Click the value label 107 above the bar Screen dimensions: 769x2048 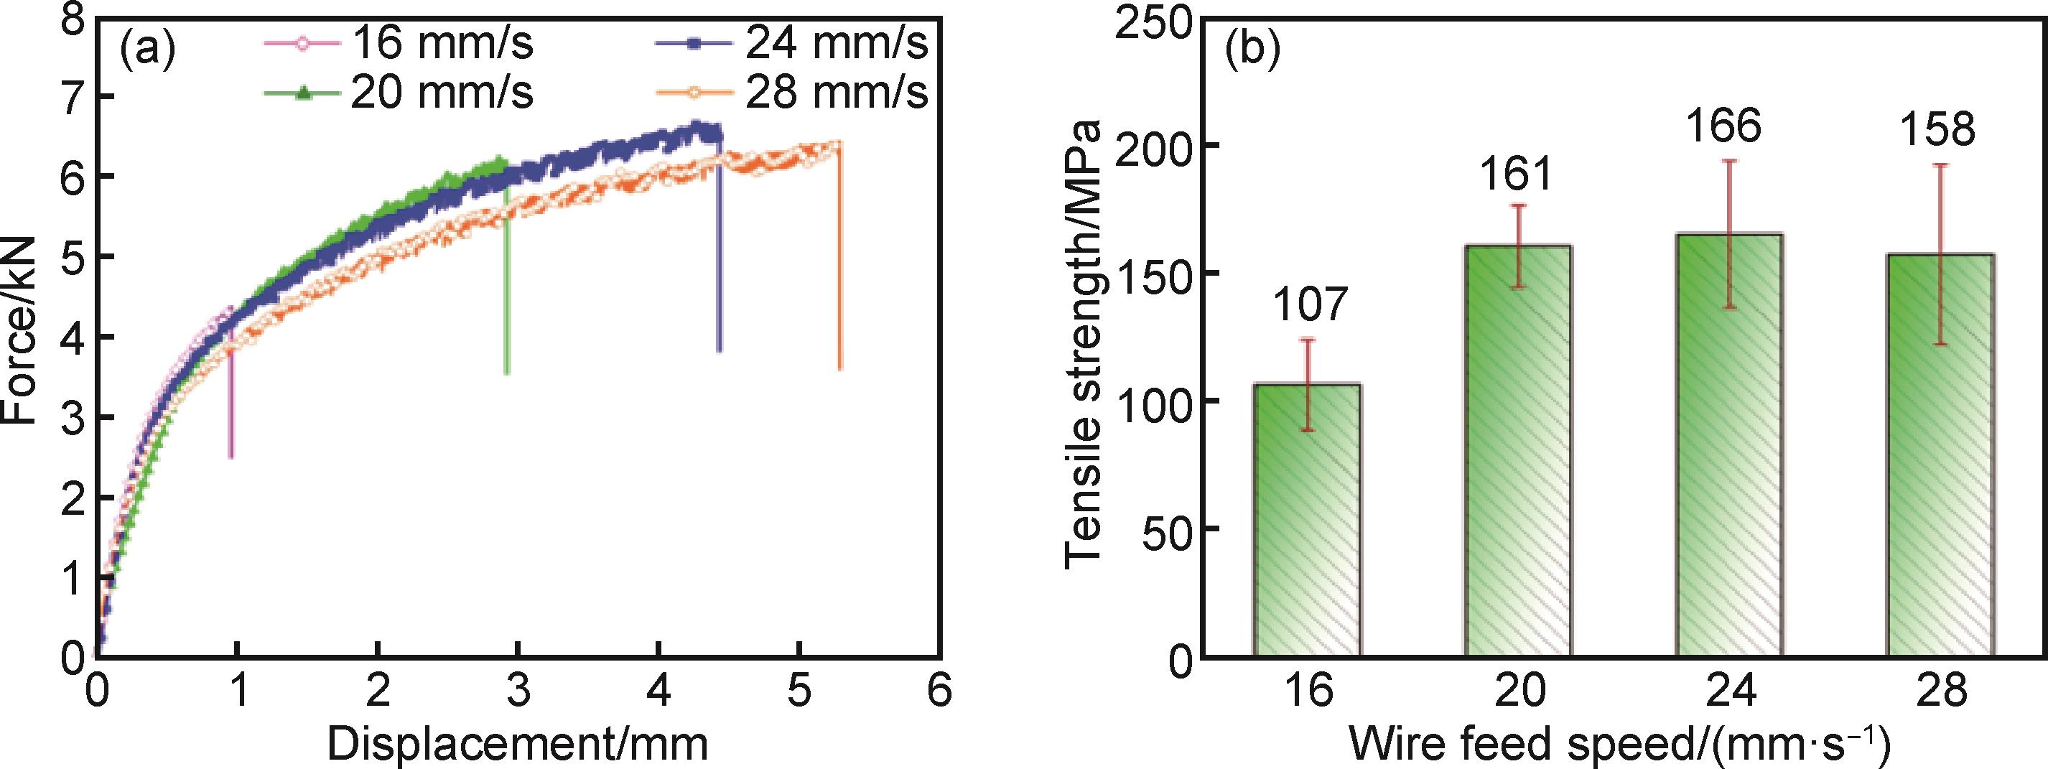coord(1307,305)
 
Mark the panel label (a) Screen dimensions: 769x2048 coord(147,50)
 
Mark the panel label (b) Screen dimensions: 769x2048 coord(1252,50)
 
